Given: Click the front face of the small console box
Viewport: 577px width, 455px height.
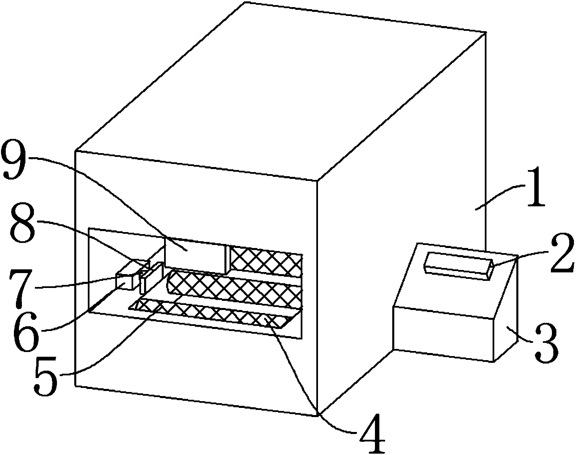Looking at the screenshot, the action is coord(443,334).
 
